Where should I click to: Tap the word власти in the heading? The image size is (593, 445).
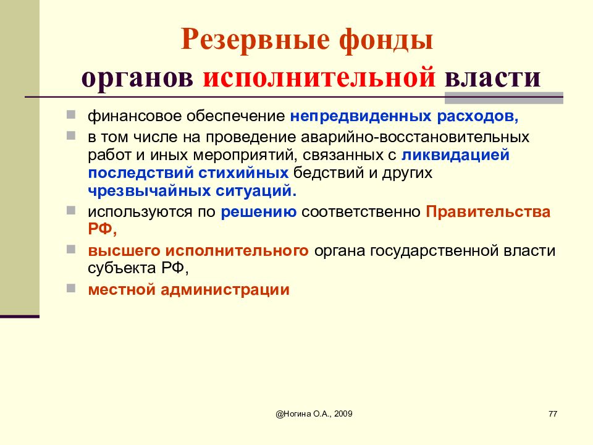tap(491, 79)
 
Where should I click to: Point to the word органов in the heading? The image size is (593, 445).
tap(137, 79)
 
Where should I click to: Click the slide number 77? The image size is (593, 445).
tap(552, 413)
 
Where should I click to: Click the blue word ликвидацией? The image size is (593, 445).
tap(455, 155)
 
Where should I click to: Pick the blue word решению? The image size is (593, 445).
tap(259, 212)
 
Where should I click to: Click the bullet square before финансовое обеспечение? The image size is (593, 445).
tap(72, 115)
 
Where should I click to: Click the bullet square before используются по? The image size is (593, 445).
tap(72, 211)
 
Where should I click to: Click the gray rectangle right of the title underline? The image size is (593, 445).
tap(503, 97)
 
